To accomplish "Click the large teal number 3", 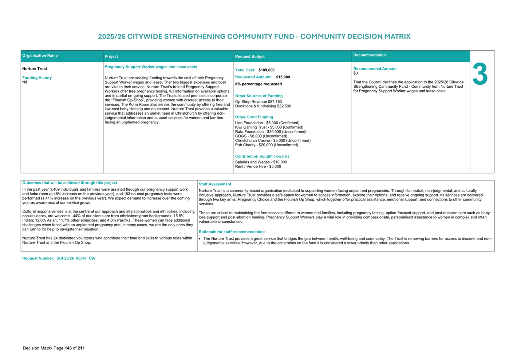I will (x=480, y=74).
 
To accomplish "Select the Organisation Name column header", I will (x=40, y=56).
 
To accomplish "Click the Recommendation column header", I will (x=369, y=55).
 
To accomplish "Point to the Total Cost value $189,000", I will (x=267, y=70).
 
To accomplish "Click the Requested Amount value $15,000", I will (x=283, y=77).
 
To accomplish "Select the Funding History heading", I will (x=37, y=78).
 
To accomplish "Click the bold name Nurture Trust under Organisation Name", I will (x=35, y=69).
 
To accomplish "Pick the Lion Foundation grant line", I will (x=267, y=123).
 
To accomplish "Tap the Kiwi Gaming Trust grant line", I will (x=269, y=127).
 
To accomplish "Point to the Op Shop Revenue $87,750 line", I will (x=259, y=102).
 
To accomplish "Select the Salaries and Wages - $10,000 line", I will (x=261, y=162).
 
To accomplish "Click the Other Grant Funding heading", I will (x=254, y=117).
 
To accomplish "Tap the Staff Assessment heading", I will (x=215, y=184).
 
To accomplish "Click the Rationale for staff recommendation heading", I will (x=232, y=232).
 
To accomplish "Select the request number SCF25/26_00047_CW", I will (x=76, y=258).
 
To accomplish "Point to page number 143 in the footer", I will (x=68, y=348).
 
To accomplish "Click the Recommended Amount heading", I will (x=375, y=69).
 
